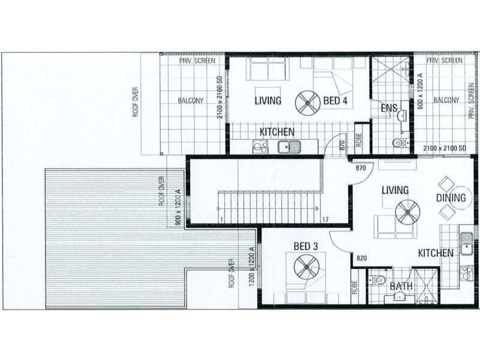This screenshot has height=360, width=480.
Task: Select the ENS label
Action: coord(389,109)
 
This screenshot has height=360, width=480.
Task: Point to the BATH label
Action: coord(401,286)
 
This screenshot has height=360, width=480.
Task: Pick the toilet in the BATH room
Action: coord(376,280)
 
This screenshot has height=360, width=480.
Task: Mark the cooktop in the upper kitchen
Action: coord(260,146)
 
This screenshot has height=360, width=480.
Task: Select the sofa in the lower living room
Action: coord(393,227)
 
